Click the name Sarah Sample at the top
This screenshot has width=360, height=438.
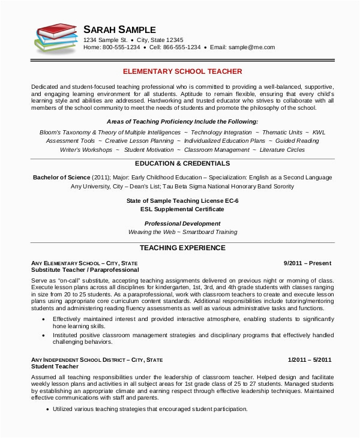[x=119, y=29]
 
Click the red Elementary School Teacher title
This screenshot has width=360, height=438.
[x=182, y=71]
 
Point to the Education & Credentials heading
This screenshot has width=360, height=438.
[x=182, y=163]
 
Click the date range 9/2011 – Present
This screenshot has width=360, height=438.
[x=307, y=263]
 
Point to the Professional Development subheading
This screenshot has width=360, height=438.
[x=182, y=224]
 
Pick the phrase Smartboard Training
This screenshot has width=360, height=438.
[x=210, y=232]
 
